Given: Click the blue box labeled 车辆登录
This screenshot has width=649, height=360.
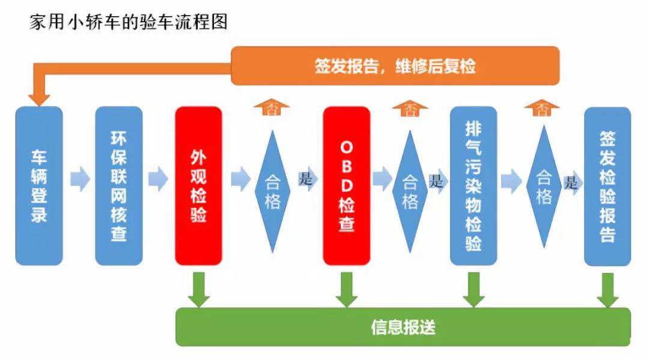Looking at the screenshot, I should coord(39,186).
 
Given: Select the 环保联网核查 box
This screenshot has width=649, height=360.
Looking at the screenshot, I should coord(118,186).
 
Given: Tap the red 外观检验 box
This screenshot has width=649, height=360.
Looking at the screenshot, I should coord(198,186).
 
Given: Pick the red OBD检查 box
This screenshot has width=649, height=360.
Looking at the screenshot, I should coord(347,186).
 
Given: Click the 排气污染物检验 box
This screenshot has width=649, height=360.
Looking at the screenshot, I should coord(474,186).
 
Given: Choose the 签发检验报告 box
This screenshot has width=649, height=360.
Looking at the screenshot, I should coord(608,186).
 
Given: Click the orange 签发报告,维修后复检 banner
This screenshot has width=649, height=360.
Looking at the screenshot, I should coord(395,66).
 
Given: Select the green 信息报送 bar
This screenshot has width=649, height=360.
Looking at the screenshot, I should coord(403,327).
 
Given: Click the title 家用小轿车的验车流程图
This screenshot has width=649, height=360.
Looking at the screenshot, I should coord(128,22).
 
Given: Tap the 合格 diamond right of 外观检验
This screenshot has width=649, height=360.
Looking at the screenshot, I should coord(272,192).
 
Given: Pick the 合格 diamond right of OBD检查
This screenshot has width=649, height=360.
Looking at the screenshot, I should coord(410,192).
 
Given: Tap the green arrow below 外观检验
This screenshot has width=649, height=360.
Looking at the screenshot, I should coord(198,288).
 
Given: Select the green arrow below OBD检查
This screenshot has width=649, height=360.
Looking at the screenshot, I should coord(347,288).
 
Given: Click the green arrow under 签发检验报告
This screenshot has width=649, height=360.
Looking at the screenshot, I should coord(608,289).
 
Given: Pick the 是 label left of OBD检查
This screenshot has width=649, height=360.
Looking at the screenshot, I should coord(306,178).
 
